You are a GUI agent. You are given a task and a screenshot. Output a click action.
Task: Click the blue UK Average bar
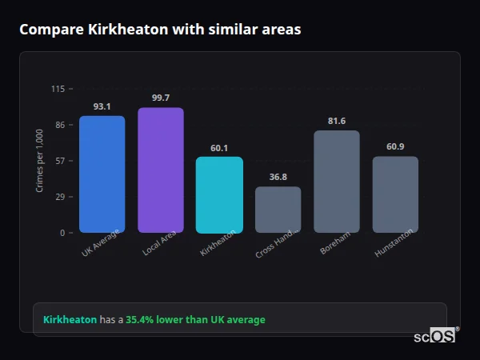point(102,174)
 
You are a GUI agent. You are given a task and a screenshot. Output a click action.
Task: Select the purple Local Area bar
point(161,170)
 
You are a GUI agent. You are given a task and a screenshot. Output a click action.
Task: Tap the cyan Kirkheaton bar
point(219,194)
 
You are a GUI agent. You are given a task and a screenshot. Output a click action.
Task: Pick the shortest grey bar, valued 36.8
point(278,210)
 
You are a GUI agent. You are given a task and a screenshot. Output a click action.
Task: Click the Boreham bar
point(337,182)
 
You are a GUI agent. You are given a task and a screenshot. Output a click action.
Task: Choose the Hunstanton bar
point(395,194)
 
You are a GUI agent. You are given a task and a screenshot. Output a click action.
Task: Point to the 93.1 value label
point(102,106)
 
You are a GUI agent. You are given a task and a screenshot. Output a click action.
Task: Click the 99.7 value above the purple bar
point(161,98)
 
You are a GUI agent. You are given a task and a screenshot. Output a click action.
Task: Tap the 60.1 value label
point(219,147)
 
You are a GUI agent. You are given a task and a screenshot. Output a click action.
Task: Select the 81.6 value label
point(337,121)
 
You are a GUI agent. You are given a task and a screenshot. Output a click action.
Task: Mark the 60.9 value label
point(395,146)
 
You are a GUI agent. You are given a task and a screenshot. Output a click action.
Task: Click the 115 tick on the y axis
point(58,89)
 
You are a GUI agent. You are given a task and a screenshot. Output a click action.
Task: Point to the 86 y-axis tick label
point(60,125)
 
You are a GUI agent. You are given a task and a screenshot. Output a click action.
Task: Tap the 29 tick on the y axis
point(60,197)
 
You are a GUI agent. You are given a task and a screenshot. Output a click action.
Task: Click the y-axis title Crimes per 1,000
point(40,161)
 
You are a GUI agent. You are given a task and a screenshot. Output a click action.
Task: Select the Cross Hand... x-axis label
point(277,242)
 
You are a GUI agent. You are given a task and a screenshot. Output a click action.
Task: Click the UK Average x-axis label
point(100,243)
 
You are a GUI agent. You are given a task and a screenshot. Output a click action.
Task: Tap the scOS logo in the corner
point(435,336)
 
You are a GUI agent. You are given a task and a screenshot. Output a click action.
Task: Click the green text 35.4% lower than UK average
point(195,320)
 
